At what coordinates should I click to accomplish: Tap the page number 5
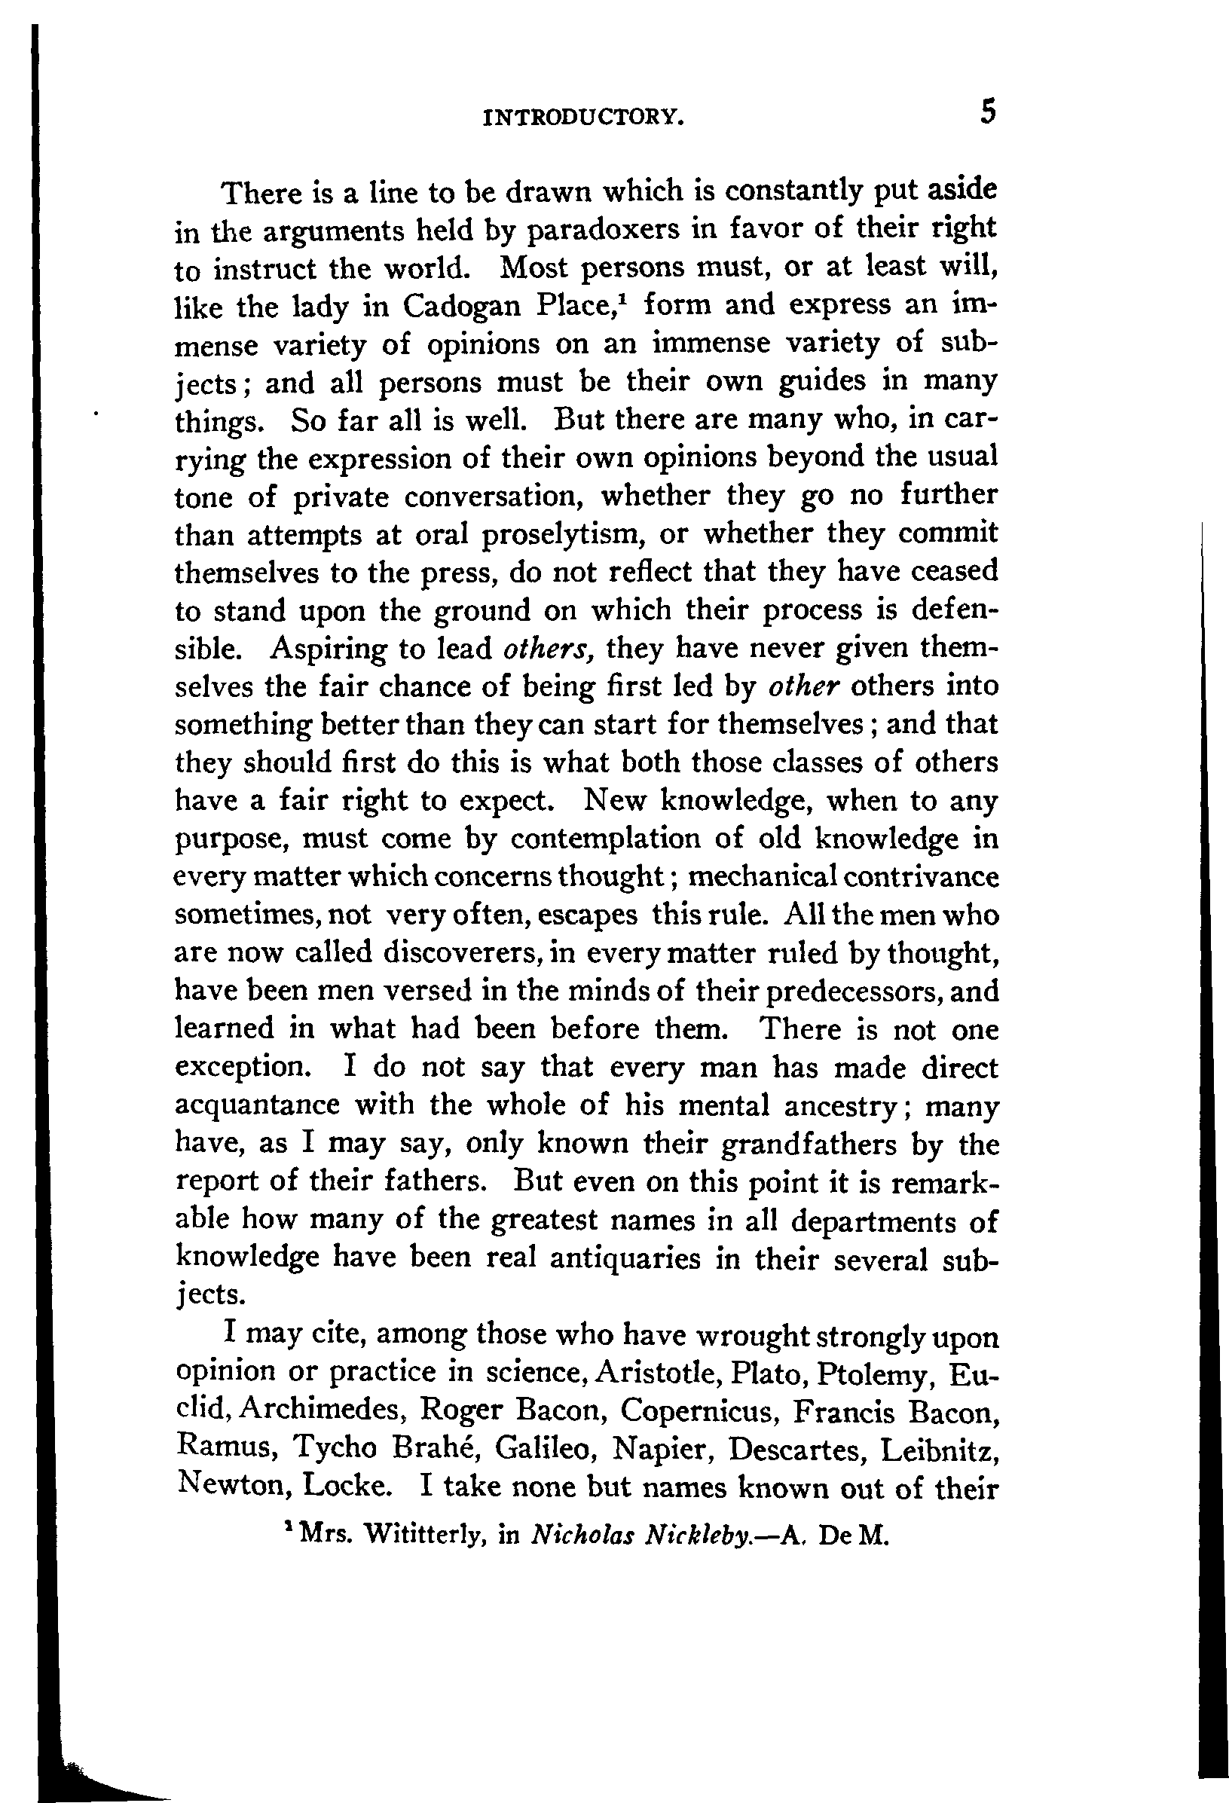[x=986, y=113]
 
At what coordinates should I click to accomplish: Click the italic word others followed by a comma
[x=549, y=649]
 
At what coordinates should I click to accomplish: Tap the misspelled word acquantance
[x=257, y=1105]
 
